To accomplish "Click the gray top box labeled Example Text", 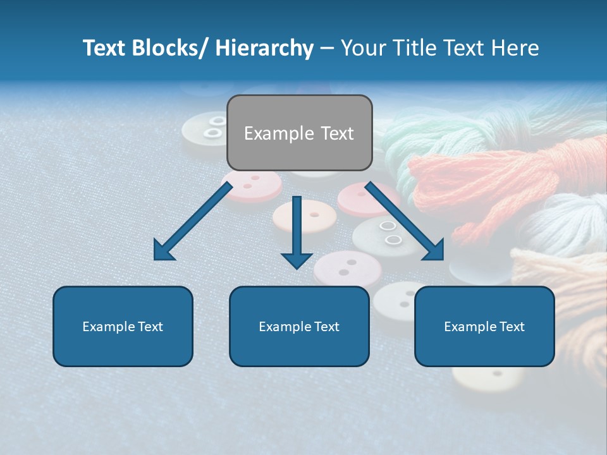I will pyautogui.click(x=299, y=133).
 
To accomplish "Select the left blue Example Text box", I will pyautogui.click(x=123, y=326).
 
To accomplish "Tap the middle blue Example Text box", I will pyautogui.click(x=299, y=326).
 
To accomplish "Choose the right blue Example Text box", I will pyautogui.click(x=484, y=326).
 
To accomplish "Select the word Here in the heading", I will pyautogui.click(x=515, y=48).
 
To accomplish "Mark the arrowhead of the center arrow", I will pyautogui.click(x=297, y=258).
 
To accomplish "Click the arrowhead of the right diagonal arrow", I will pyautogui.click(x=434, y=250).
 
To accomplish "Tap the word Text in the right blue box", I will pyautogui.click(x=512, y=327).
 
